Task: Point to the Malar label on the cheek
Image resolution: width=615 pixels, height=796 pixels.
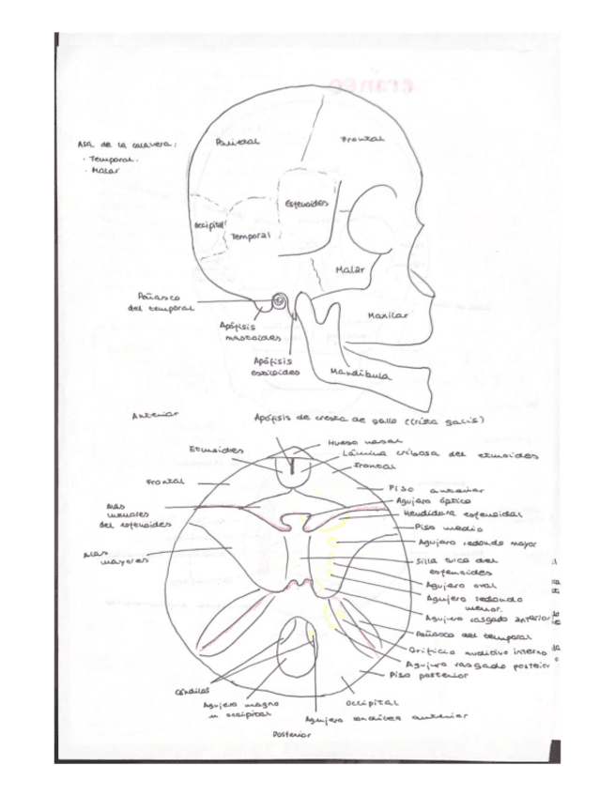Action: pos(349,269)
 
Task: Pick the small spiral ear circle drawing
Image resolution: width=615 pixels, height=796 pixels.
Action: pos(279,300)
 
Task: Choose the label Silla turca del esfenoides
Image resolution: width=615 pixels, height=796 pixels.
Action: pos(458,565)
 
